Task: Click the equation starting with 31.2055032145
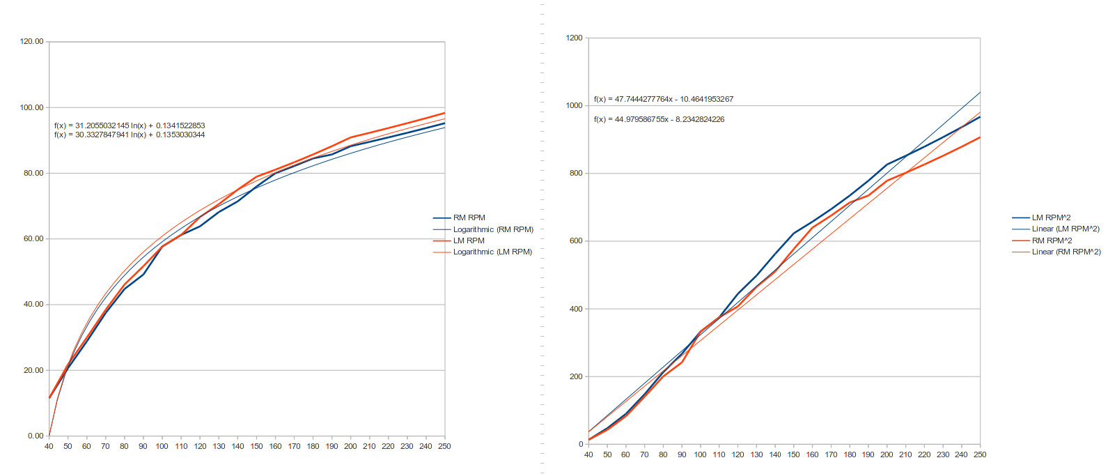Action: pos(130,125)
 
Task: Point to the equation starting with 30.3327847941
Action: pos(130,135)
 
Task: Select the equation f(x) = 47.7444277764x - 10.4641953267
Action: pos(663,99)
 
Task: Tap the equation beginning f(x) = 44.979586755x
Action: pos(659,119)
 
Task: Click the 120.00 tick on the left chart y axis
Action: pos(31,42)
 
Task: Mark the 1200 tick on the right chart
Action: pos(575,38)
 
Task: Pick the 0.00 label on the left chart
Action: pos(36,436)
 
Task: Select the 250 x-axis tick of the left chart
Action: pos(444,446)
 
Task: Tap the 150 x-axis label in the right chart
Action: pos(793,454)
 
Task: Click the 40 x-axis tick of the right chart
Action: pos(588,454)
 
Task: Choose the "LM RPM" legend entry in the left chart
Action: pos(468,240)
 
